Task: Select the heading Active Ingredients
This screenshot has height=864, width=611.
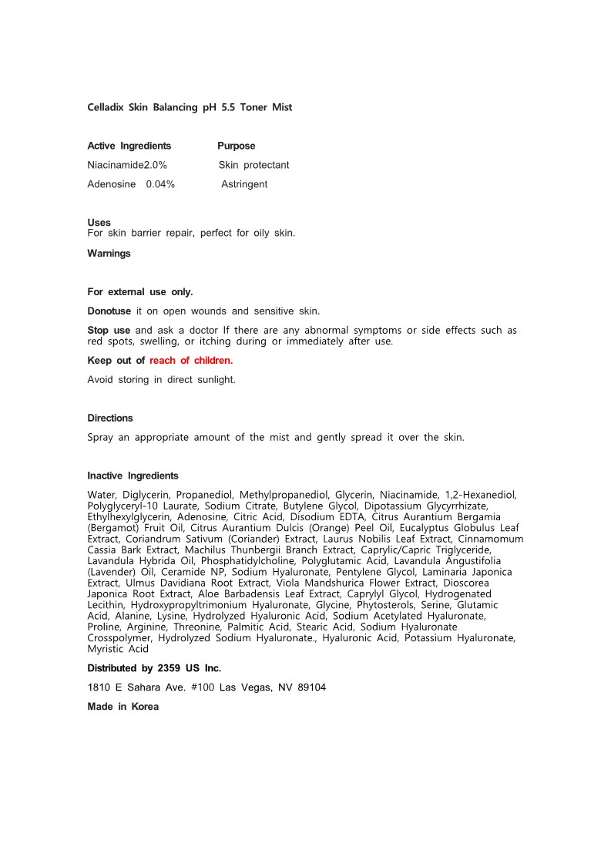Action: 129,146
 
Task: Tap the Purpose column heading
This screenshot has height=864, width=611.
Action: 236,146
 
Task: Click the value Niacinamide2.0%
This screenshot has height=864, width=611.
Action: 127,165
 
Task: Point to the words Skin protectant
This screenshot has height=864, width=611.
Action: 253,165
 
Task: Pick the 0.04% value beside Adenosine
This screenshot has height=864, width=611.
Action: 160,184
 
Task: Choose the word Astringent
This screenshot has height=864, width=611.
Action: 244,184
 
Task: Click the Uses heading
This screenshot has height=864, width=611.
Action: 99,223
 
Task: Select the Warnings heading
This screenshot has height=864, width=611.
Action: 109,254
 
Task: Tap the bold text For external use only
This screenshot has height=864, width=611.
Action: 140,292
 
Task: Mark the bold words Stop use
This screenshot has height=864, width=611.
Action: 109,331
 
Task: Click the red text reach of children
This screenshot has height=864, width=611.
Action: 191,360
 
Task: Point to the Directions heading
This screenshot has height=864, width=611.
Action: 110,418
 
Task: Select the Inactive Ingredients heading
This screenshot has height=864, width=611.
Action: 133,476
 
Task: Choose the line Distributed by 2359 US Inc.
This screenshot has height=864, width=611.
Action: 154,668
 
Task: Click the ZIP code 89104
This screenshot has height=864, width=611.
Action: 311,688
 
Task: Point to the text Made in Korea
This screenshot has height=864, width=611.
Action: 123,707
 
